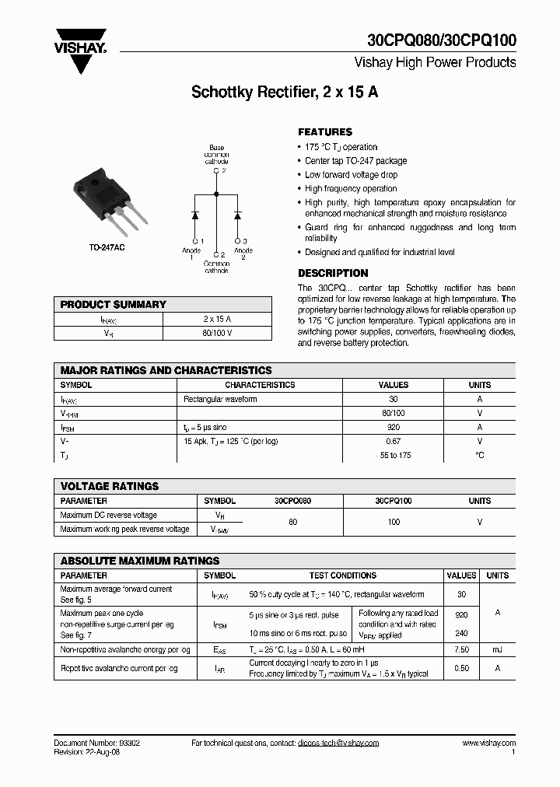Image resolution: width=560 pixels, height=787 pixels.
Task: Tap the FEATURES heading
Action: tap(325, 132)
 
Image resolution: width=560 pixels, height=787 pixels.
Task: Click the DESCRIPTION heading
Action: tap(333, 273)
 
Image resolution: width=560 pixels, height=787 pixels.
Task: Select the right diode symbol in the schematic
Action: tap(237, 214)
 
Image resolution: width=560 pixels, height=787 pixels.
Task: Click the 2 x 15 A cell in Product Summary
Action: tap(217, 319)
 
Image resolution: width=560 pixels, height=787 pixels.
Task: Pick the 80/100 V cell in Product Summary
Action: tap(217, 333)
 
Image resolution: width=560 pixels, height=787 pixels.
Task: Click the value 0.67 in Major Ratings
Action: tap(393, 441)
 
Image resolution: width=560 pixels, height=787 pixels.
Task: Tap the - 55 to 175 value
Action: tap(393, 455)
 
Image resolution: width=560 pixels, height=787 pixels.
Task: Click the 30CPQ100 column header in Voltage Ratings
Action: tap(393, 502)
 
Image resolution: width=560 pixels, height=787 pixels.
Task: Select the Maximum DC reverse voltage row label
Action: tap(108, 515)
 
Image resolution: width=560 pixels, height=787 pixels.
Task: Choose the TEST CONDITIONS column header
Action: tap(342, 575)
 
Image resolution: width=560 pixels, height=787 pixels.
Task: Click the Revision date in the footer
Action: tap(87, 752)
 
